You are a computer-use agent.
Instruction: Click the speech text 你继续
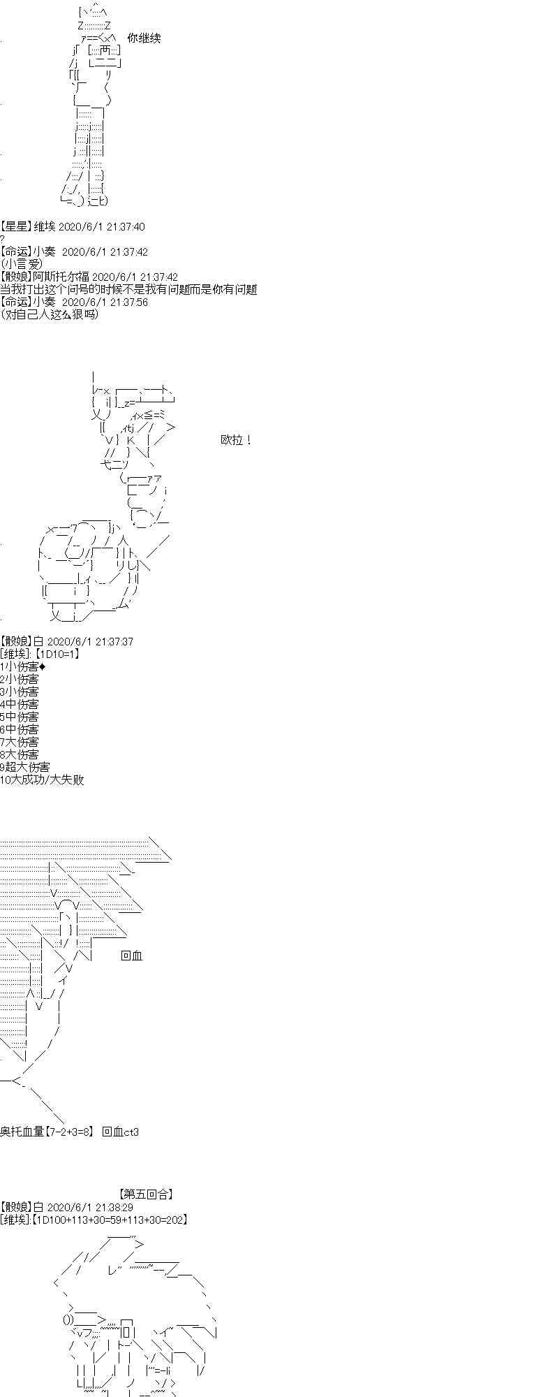144,38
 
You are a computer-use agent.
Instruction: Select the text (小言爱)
22,264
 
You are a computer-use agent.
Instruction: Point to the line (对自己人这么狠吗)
50,314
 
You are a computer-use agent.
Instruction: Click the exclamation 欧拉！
236,440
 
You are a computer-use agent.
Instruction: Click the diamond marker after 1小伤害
43,666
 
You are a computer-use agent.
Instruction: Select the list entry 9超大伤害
25,767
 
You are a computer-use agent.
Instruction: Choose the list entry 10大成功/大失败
42,780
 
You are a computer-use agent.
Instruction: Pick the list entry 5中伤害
20,717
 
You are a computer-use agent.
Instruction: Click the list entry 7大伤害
20,742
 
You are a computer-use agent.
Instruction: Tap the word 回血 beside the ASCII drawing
131,956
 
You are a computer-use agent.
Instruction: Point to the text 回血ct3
120,1132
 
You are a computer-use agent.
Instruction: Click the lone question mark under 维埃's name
3,239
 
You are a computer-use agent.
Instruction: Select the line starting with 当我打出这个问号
128,289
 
